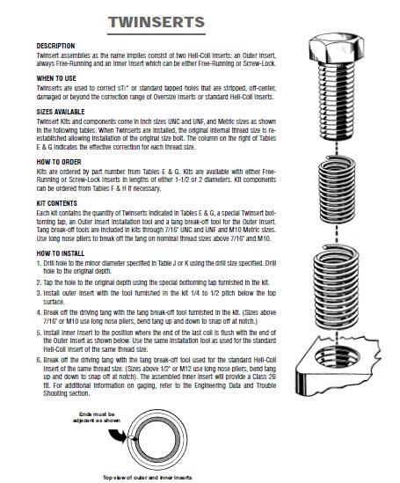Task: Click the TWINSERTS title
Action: (x=156, y=22)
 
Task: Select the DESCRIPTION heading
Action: (x=55, y=46)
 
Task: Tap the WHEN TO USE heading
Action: (x=56, y=78)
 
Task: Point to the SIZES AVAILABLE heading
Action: (x=61, y=112)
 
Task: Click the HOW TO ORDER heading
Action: (x=59, y=162)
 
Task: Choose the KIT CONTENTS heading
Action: (x=57, y=203)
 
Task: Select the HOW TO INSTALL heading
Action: (x=61, y=253)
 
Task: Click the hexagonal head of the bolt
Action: (x=337, y=48)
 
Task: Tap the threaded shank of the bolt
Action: (x=337, y=100)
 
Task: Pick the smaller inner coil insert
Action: (x=337, y=188)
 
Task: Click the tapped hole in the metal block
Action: (x=338, y=356)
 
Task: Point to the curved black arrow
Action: (x=119, y=435)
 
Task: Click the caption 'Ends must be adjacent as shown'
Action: (x=97, y=417)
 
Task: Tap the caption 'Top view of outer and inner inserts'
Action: (x=148, y=478)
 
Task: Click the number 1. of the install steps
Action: (x=39, y=263)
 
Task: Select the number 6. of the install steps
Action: (x=39, y=360)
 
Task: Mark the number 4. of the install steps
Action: (x=39, y=312)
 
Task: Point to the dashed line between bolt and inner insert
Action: (x=337, y=148)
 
